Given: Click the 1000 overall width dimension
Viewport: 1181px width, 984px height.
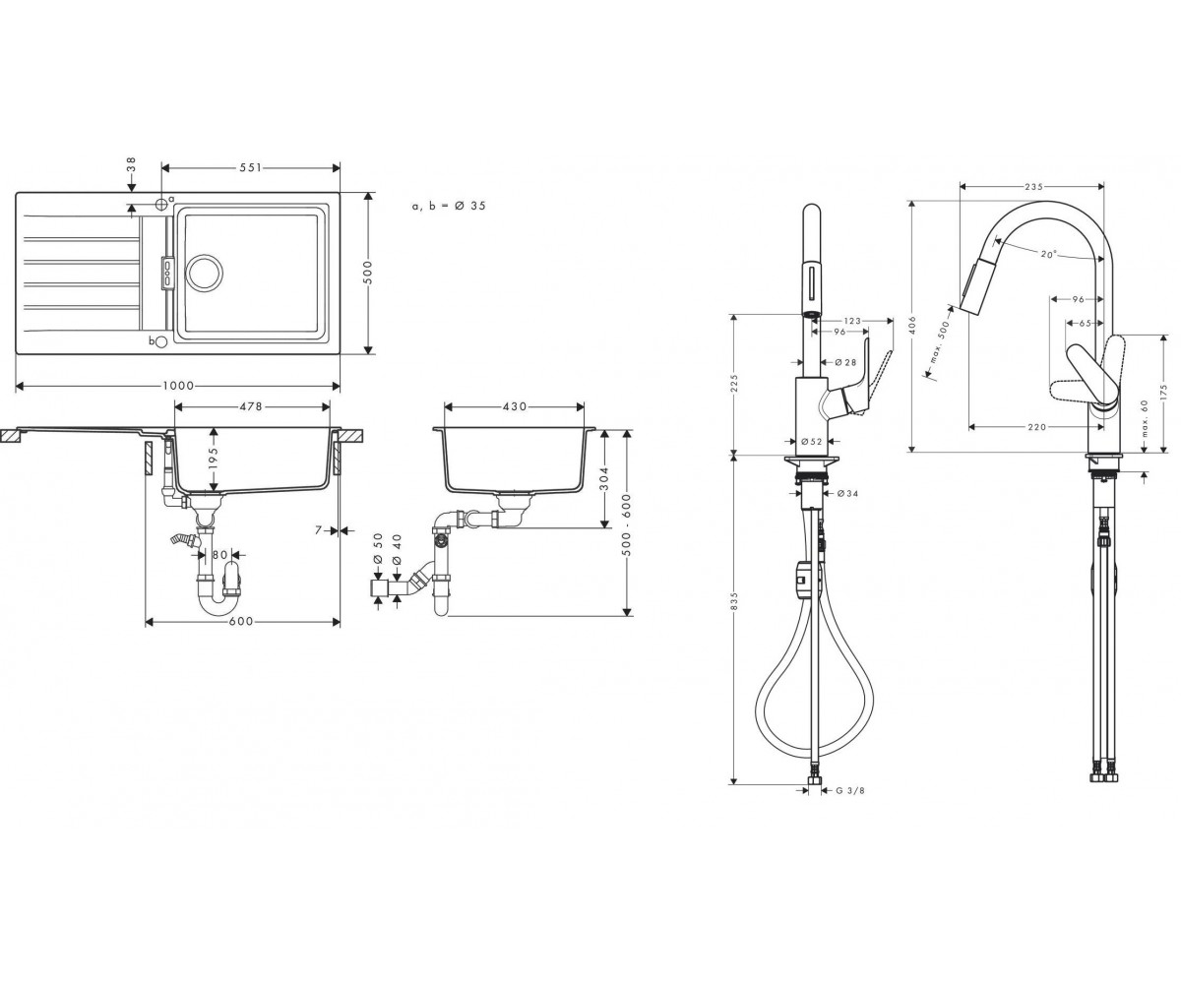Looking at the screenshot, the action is tap(178, 386).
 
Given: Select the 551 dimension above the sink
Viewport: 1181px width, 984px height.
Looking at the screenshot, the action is tap(251, 167).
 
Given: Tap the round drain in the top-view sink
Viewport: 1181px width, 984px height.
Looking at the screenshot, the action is tap(205, 272).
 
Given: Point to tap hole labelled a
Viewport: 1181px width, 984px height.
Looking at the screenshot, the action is tap(161, 203).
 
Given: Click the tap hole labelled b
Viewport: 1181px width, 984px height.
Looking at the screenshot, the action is tap(161, 341).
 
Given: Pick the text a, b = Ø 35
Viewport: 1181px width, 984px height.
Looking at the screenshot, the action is tap(449, 206).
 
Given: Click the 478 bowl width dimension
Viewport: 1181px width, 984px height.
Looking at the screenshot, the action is tap(251, 406).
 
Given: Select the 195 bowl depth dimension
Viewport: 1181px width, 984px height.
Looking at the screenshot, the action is tap(213, 459).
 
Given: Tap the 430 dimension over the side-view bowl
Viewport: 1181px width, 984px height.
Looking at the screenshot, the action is tap(514, 406).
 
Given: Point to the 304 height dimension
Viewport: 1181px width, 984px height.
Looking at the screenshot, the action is tap(603, 479).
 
